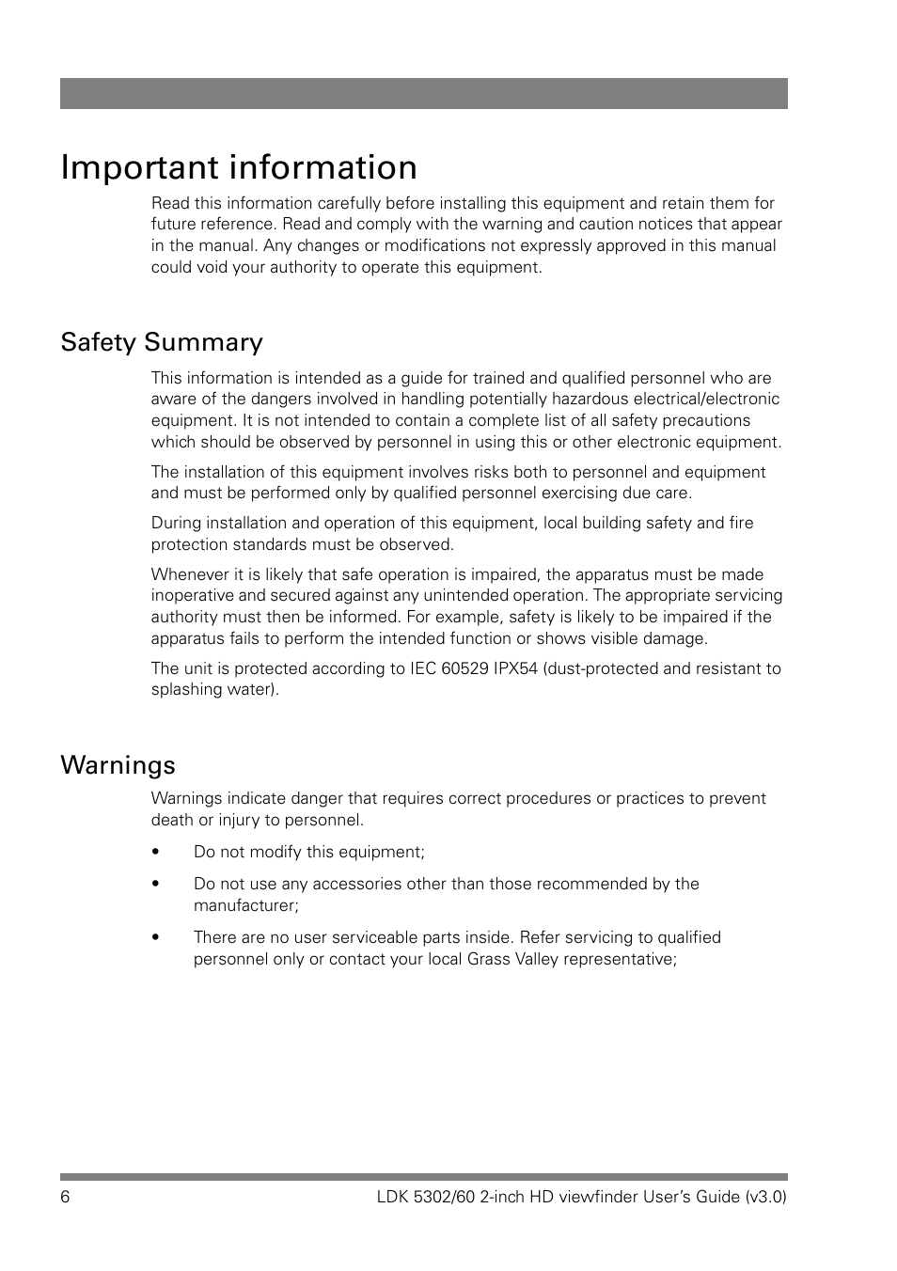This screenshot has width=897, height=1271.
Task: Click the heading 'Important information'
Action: [239, 167]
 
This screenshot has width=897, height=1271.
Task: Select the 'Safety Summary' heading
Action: [162, 342]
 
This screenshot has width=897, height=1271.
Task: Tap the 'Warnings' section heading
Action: [118, 765]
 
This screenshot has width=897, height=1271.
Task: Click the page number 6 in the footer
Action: [65, 1197]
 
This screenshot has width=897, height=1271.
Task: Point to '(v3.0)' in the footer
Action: [765, 1197]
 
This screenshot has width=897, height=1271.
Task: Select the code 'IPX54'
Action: [516, 668]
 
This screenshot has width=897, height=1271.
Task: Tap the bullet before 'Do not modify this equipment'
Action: [156, 853]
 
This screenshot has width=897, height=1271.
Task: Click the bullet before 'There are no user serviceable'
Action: [156, 938]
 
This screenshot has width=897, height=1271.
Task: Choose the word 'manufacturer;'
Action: [246, 905]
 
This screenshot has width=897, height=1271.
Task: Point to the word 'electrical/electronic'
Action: [706, 400]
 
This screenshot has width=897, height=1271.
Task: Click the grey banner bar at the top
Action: [423, 94]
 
